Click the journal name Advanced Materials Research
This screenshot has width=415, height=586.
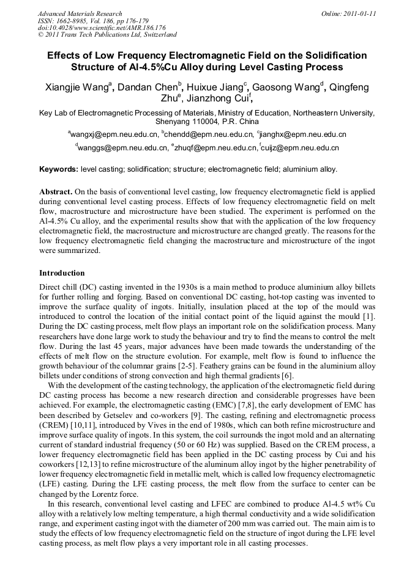[80, 13]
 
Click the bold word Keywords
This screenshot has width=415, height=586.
[59, 169]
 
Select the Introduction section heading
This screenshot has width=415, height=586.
[62, 273]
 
